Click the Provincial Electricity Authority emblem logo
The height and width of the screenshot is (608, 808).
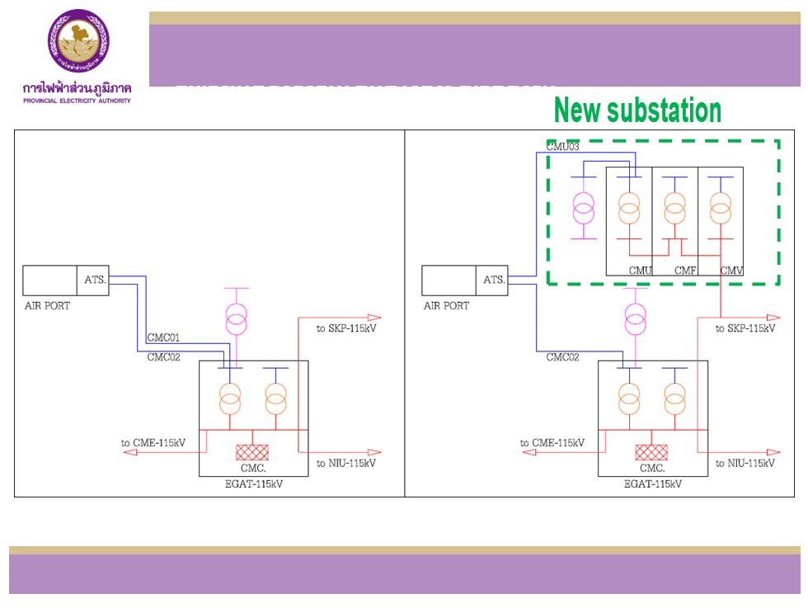click(78, 41)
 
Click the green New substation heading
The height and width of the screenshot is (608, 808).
click(637, 110)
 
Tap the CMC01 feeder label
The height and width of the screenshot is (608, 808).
click(163, 337)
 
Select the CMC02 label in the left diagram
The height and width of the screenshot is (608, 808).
click(163, 357)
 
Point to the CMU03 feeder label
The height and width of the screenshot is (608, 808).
click(563, 147)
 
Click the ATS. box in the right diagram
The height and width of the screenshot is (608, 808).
click(494, 280)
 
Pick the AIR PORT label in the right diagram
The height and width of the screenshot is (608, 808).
click(446, 306)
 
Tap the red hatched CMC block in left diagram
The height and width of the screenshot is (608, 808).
click(252, 452)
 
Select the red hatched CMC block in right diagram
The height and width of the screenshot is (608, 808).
click(651, 452)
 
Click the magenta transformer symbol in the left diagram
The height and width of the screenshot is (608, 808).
click(237, 318)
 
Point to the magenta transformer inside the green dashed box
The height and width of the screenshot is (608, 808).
click(584, 209)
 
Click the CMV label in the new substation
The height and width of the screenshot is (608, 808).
click(731, 270)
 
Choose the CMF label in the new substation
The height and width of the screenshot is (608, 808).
click(686, 270)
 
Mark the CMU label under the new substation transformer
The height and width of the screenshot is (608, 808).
click(641, 270)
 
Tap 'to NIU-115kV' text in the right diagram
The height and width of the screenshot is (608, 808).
click(745, 464)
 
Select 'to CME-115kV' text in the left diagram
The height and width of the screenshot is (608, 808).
click(153, 443)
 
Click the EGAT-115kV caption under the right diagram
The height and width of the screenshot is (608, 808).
click(652, 484)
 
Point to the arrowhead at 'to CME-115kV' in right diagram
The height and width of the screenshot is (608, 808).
click(526, 453)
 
